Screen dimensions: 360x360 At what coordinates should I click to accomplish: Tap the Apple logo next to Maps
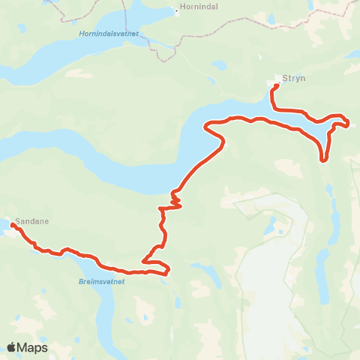[x=13, y=347]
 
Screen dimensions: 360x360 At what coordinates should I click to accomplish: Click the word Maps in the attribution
[x=34, y=347]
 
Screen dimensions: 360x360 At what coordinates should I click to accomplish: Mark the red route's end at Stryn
[x=276, y=86]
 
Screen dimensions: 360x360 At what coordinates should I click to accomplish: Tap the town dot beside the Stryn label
[x=277, y=78]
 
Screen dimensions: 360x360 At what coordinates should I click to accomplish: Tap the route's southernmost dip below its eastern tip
[x=324, y=159]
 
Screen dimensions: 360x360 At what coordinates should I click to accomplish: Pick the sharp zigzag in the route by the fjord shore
[x=175, y=198]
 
